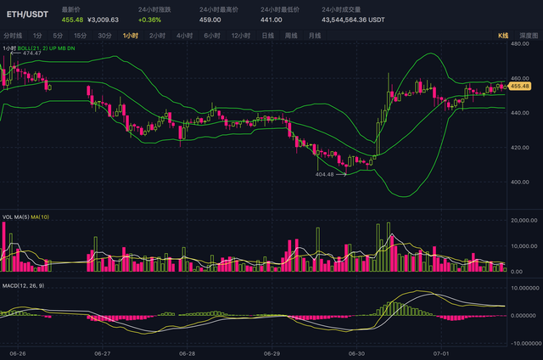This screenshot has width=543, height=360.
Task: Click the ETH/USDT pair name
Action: [x=27, y=14]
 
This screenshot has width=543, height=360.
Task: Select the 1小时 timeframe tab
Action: [x=131, y=36]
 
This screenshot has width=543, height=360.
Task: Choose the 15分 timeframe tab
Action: [x=80, y=36]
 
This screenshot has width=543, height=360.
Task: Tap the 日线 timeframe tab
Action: [x=267, y=36]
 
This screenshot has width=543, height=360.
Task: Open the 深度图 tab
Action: [x=528, y=36]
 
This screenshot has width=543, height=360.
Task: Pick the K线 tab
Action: [x=502, y=36]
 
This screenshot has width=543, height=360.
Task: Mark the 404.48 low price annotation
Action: [x=325, y=174]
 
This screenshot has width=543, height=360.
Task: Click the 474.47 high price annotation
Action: [x=32, y=53]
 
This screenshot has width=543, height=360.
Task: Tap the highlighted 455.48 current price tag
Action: [x=519, y=86]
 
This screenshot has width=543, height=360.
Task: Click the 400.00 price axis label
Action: [x=519, y=182]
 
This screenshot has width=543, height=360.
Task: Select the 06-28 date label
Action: [x=187, y=352]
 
